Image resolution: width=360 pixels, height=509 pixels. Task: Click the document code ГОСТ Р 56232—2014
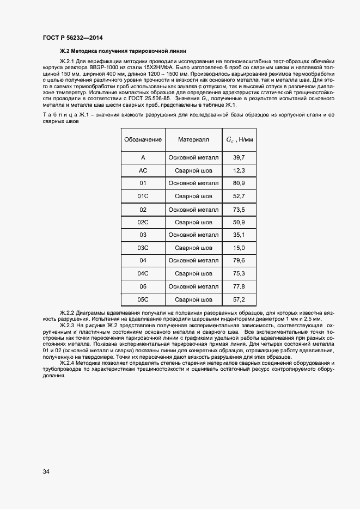click(x=73, y=38)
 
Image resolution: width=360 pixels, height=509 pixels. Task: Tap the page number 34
click(x=46, y=471)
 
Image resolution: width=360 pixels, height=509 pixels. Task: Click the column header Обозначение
click(x=143, y=140)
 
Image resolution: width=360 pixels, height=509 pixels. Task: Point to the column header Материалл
click(x=193, y=140)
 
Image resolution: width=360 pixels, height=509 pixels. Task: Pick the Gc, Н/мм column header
click(x=240, y=140)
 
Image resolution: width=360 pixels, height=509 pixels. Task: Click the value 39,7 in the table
click(x=239, y=157)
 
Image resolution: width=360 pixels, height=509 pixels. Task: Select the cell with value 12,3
click(x=239, y=170)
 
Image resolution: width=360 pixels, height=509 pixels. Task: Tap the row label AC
click(x=143, y=170)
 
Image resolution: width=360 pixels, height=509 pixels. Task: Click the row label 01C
click(x=143, y=196)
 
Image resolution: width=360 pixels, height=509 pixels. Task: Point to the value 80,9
click(x=239, y=183)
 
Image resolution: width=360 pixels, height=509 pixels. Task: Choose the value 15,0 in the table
click(x=239, y=248)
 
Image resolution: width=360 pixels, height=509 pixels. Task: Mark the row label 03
click(x=143, y=235)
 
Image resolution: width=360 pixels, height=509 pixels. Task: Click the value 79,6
click(x=239, y=261)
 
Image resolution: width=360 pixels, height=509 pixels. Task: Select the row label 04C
click(x=143, y=273)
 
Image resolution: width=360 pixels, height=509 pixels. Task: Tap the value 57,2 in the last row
click(x=239, y=299)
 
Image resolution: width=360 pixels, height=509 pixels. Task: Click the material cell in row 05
click(x=193, y=286)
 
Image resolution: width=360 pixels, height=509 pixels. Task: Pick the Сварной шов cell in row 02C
click(x=193, y=222)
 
